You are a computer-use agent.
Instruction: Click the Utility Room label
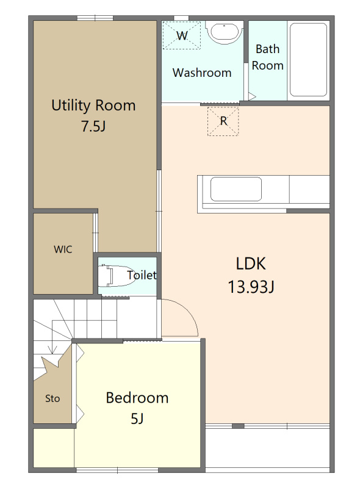tap(93, 105)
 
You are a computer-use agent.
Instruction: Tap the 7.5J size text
tap(93, 126)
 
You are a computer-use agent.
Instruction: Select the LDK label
tap(251, 264)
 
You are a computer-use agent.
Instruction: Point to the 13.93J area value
tap(251, 287)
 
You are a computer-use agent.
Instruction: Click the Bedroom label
tap(137, 398)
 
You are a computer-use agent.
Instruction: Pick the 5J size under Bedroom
tap(137, 418)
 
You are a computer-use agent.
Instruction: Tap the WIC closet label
tap(63, 249)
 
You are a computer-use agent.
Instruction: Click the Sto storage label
tap(52, 398)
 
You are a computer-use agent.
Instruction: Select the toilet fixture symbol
tap(116, 276)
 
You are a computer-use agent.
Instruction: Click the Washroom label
tap(202, 73)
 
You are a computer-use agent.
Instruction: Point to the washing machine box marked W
tap(182, 35)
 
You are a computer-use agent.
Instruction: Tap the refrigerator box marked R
tap(223, 121)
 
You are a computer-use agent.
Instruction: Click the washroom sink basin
tap(225, 32)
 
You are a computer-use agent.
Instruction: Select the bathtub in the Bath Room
tap(308, 60)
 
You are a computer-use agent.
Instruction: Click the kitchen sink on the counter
tap(236, 189)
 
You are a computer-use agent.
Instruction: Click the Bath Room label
tap(267, 57)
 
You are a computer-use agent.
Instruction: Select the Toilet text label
tap(142, 275)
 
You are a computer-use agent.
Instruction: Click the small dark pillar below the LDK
tap(238, 426)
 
